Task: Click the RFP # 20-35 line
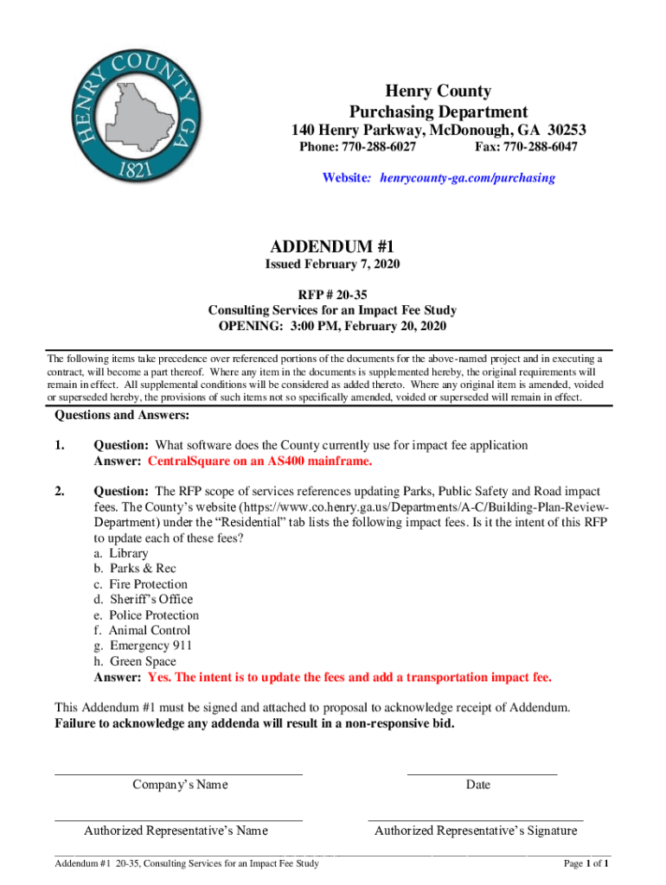[332, 295]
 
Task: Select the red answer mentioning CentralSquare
[260, 461]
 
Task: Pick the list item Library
[128, 553]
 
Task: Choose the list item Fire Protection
[147, 584]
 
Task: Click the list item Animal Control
[149, 630]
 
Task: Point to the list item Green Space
[142, 661]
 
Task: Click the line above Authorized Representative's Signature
[475, 818]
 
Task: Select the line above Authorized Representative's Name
[179, 818]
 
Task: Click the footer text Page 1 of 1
[587, 863]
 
